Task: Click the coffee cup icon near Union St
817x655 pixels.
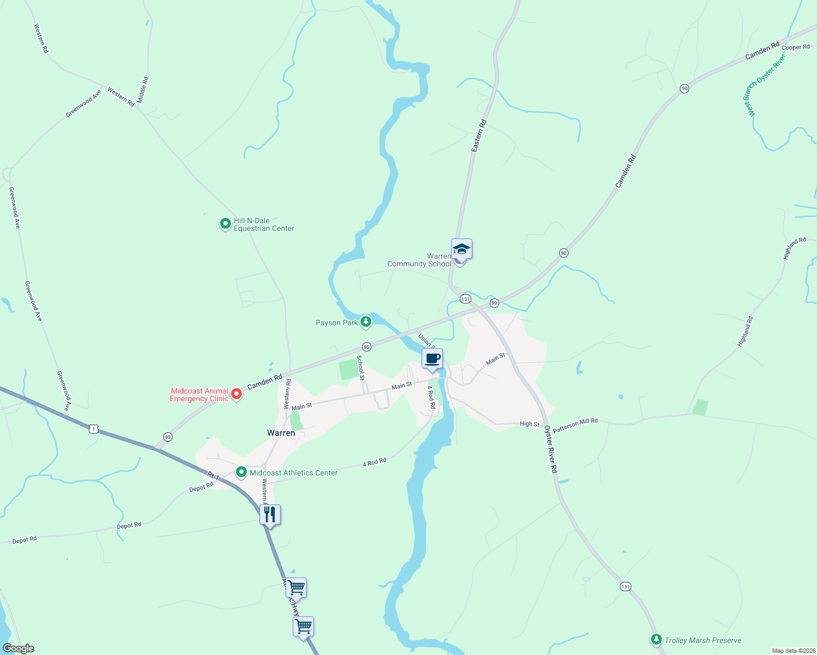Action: [432, 359]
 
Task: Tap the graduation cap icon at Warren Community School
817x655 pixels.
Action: [461, 249]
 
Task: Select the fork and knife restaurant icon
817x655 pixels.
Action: [270, 515]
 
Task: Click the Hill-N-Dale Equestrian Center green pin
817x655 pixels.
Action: [225, 223]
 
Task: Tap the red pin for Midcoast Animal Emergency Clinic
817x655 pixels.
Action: [236, 394]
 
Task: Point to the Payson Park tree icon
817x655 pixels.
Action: [366, 321]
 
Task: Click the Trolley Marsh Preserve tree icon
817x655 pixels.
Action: [656, 639]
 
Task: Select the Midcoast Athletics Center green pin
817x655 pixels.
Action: [241, 472]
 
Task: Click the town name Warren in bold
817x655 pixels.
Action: [281, 433]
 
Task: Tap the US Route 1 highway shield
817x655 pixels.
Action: [94, 430]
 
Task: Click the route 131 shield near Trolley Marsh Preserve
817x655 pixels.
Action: [625, 587]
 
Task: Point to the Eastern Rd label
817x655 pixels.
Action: [479, 135]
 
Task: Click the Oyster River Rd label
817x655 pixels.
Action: [550, 450]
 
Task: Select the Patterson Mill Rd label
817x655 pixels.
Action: [575, 425]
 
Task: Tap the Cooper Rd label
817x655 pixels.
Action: [796, 47]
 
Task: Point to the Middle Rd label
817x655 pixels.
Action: [143, 90]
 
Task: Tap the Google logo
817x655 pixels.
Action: [19, 648]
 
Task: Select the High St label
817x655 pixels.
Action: [529, 424]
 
